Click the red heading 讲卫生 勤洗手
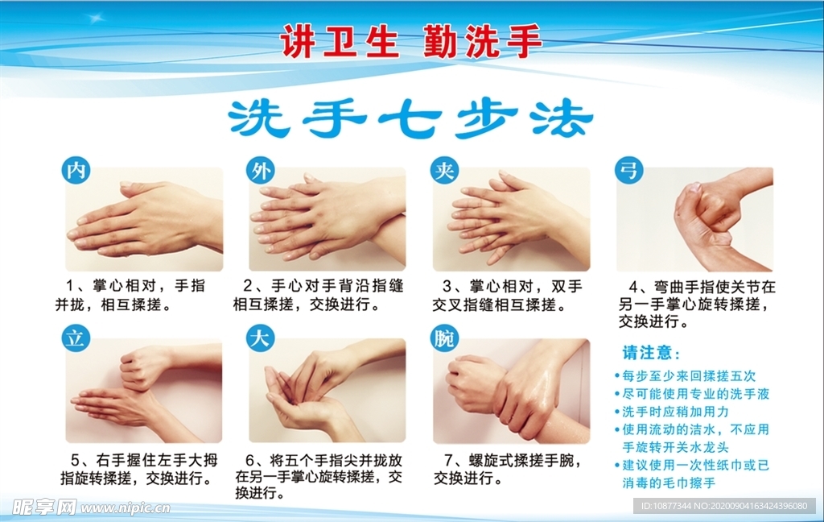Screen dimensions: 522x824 point(411,41)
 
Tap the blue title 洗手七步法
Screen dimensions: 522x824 point(410,120)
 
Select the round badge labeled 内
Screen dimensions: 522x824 point(76,171)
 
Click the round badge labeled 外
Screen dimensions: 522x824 point(259,171)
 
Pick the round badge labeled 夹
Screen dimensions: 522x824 point(443,171)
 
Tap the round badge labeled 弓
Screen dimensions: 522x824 point(628,171)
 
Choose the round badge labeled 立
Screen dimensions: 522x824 point(76,338)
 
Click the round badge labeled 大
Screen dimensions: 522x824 point(259,338)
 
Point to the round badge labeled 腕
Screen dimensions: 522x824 point(443,338)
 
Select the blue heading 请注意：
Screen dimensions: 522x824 point(652,353)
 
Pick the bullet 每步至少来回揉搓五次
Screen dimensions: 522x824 point(689,375)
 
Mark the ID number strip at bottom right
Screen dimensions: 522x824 point(723,506)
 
